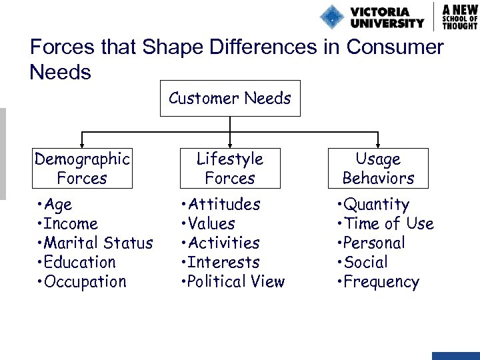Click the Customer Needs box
[x=230, y=99]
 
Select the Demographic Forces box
[x=82, y=168]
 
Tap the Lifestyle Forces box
[x=230, y=168]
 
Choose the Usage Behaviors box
[x=378, y=168]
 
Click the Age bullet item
[x=56, y=205]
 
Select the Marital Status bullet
[x=96, y=243]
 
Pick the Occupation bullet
[x=83, y=282]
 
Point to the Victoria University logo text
[x=387, y=17]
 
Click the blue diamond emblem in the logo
[x=332, y=17]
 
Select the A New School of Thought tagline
[x=460, y=16]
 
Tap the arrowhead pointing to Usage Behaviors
[x=378, y=143]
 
